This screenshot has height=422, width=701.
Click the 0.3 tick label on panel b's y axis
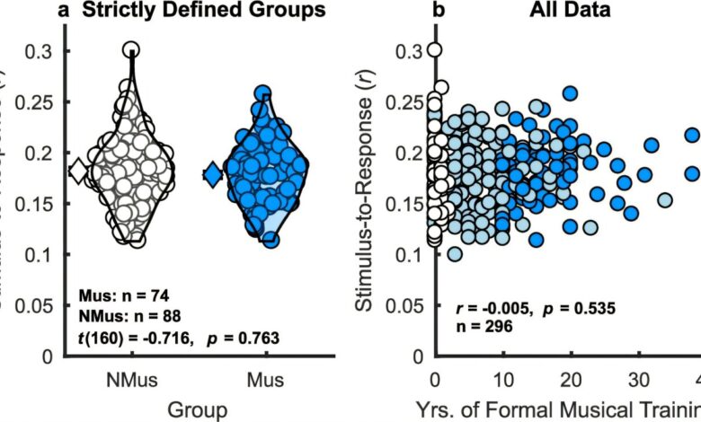pyautogui.click(x=409, y=52)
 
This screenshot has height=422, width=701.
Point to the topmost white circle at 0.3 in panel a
pyautogui.click(x=131, y=50)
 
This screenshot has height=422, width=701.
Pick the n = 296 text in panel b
pyautogui.click(x=479, y=328)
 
